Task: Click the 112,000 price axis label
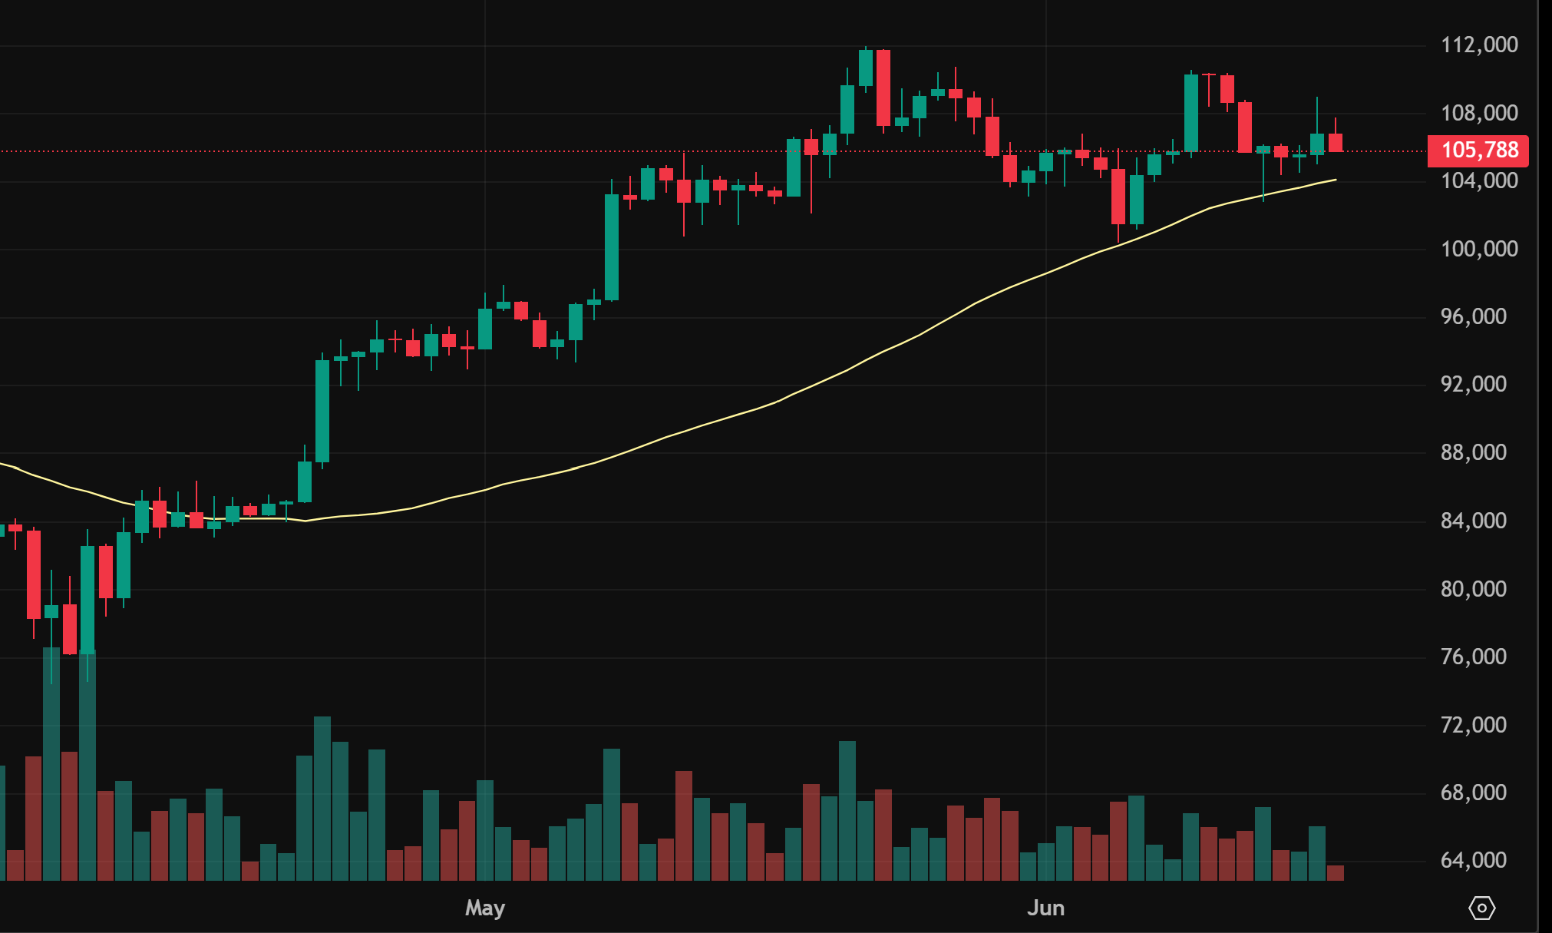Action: click(1478, 45)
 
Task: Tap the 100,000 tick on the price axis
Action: click(1478, 249)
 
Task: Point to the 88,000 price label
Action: click(1473, 452)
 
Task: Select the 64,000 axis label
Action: click(1473, 860)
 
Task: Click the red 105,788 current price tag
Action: click(1478, 150)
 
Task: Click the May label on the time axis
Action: click(485, 908)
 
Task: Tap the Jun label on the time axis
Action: click(1045, 908)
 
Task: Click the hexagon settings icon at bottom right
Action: click(1481, 908)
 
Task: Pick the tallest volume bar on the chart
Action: click(51, 763)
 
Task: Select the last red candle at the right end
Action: click(1336, 142)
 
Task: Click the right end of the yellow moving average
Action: click(1335, 180)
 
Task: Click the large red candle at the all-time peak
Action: click(883, 88)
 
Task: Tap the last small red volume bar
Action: click(1336, 872)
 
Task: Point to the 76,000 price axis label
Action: click(1473, 657)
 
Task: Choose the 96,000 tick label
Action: click(1473, 316)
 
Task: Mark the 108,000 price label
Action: click(1478, 113)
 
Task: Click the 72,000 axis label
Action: click(1473, 725)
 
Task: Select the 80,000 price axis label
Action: click(1473, 589)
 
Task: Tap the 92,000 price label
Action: click(1473, 384)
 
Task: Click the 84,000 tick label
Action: click(1473, 521)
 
